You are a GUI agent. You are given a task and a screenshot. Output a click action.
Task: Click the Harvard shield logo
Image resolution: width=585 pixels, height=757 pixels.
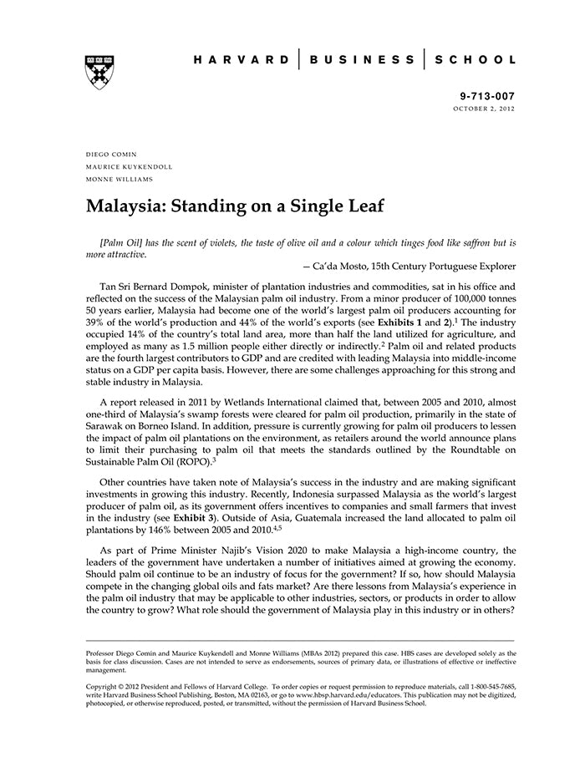tap(99, 73)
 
